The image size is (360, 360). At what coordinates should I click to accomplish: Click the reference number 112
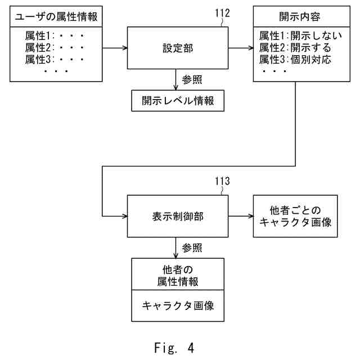223,13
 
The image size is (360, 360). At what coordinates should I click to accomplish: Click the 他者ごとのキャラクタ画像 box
295,216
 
